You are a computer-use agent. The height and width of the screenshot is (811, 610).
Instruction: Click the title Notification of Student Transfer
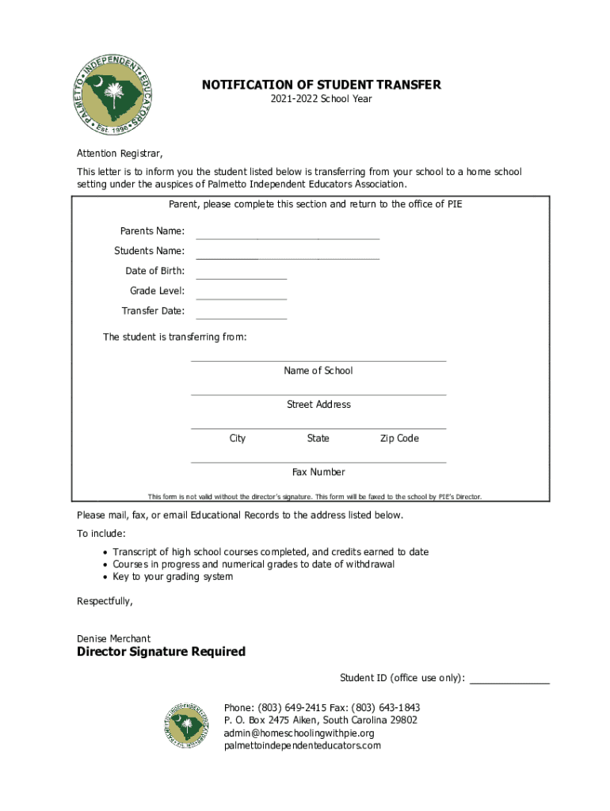point(321,85)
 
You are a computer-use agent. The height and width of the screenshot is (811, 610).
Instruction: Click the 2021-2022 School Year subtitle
point(321,99)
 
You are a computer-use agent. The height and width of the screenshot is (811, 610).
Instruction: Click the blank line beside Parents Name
point(288,235)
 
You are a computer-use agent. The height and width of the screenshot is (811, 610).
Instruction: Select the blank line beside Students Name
point(288,256)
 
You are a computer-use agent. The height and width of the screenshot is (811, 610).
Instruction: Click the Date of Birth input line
point(241,276)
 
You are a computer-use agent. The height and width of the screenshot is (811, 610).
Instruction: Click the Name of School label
point(318,371)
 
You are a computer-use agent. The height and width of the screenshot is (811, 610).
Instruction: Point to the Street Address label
point(318,405)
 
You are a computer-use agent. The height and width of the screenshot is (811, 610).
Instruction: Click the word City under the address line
point(238,439)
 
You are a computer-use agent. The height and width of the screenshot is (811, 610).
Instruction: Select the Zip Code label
point(399,439)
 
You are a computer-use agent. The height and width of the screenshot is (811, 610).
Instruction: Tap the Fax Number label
point(318,472)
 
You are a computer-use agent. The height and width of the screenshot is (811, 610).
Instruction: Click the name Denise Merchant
point(113,638)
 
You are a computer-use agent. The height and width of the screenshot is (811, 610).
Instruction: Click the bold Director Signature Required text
point(161,652)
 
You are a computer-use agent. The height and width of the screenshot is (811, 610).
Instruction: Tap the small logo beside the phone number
point(188,725)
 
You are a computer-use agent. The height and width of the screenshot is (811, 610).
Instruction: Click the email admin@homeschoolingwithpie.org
point(299,733)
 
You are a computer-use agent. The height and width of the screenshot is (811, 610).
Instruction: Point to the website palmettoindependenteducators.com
point(303,746)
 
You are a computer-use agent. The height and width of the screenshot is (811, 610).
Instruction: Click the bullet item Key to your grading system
point(173,577)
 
